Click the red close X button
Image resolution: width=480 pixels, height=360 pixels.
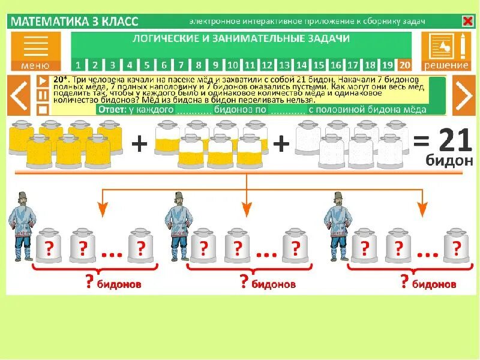pos(467,22)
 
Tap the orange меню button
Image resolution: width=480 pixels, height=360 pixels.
pos(35,51)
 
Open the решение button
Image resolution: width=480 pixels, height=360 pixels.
pos(446,51)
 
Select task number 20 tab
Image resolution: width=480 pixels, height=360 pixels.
pos(405,65)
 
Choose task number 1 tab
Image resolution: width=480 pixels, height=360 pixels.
pos(78,65)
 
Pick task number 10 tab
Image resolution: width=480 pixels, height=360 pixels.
pos(233,65)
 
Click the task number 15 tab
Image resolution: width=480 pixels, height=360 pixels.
pos(319,65)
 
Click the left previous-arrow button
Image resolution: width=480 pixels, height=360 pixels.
pos(19,95)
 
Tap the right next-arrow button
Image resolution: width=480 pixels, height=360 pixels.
pos(463,95)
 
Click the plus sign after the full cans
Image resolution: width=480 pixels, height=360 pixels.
pos(139,145)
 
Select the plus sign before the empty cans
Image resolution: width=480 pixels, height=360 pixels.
pos(281,145)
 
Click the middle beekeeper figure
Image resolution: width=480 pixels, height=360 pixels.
pos(179,224)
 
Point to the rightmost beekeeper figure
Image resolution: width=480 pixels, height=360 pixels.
pos(335,224)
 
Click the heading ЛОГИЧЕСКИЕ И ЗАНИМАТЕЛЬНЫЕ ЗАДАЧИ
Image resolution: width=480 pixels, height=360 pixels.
pos(241,39)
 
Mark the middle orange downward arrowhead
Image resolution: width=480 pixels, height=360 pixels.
pos(246,209)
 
